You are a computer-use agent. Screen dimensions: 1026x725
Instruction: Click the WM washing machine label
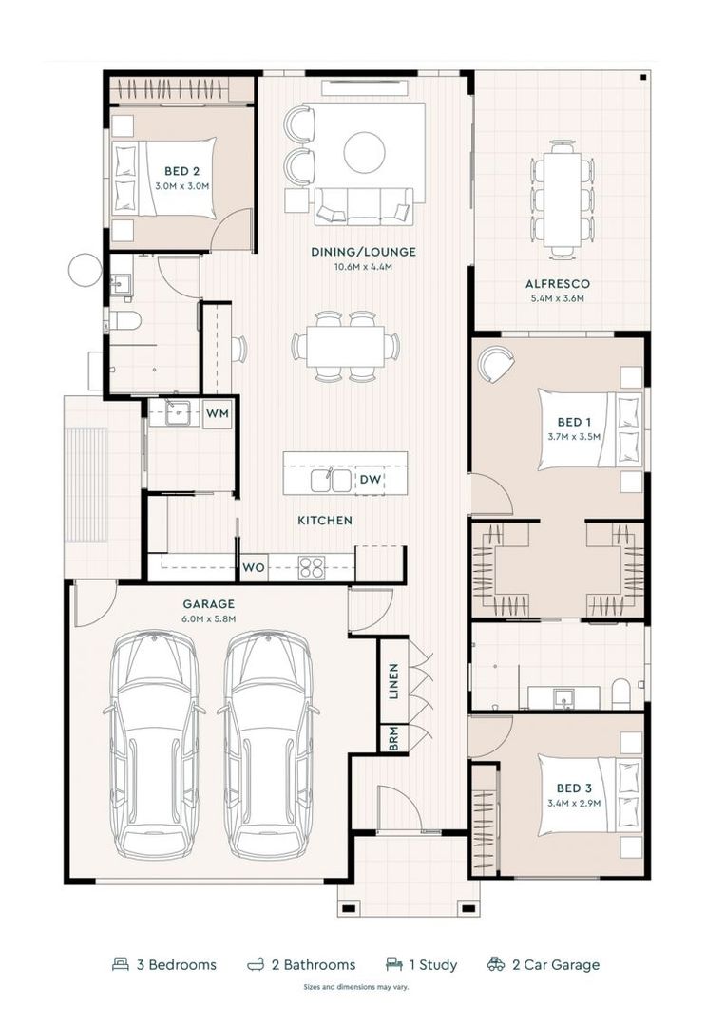[x=218, y=413]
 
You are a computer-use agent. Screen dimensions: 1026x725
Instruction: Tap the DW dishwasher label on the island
[x=371, y=481]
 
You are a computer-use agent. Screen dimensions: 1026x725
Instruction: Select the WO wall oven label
[x=253, y=568]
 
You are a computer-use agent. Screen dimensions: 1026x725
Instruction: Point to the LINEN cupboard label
[x=393, y=680]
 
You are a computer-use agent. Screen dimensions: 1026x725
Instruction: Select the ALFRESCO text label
[x=558, y=283]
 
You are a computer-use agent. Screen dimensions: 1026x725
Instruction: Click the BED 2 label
[x=181, y=172]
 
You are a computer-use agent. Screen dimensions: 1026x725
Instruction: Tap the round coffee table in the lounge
[x=364, y=152]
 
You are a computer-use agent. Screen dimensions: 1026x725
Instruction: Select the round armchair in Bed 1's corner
[x=495, y=364]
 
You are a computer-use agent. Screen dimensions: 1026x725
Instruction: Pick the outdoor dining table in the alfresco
[x=563, y=199]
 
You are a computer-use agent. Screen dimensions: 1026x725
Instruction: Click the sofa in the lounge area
[x=364, y=204]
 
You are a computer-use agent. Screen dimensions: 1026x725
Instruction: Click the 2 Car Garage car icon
[x=495, y=964]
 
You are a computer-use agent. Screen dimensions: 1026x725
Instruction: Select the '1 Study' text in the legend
[x=432, y=965]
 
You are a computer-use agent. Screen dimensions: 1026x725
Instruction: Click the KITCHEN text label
[x=325, y=521]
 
